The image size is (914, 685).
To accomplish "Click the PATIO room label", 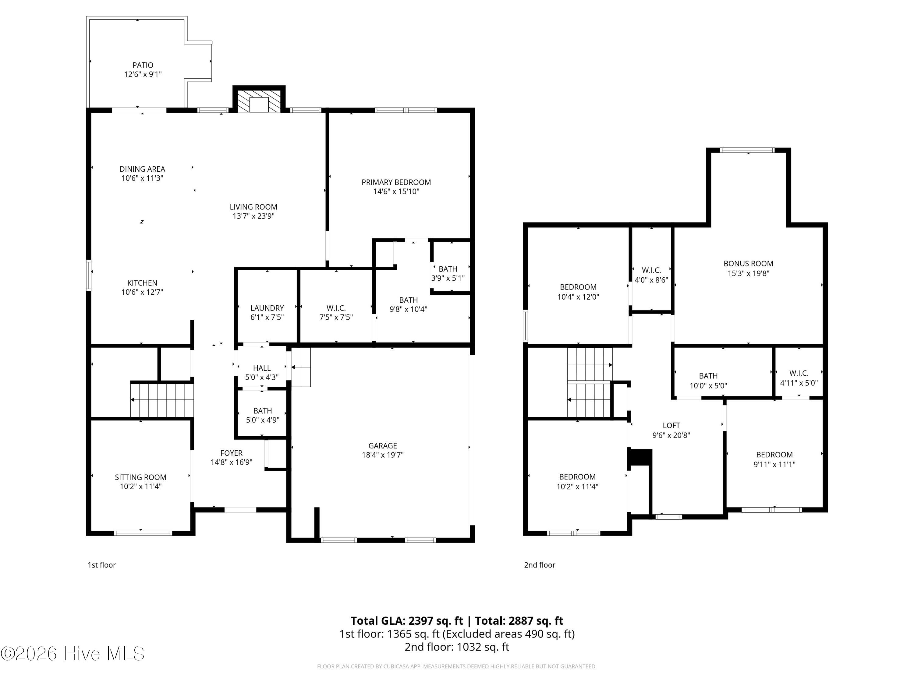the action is point(143,65).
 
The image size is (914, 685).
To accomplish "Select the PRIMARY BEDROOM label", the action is point(396,182).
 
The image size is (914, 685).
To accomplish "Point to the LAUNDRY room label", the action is point(267,308).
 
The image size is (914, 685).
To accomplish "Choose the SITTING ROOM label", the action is point(140,477).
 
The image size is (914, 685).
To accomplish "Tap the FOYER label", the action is point(231,453).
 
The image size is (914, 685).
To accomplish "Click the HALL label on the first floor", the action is point(262,368).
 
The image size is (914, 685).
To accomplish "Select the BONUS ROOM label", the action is point(748,263).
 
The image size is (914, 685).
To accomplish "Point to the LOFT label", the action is point(671,425).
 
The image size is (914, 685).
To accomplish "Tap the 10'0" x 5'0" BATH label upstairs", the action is point(708,381).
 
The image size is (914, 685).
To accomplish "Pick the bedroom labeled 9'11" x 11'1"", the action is point(774,459).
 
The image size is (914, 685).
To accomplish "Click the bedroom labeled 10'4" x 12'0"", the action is point(578,292).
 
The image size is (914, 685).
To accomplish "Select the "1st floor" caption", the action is point(102,565).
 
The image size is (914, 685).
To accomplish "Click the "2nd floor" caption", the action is point(540,565).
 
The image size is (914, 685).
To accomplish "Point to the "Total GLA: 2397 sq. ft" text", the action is point(407,620).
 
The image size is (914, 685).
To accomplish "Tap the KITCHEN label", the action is point(142,283).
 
